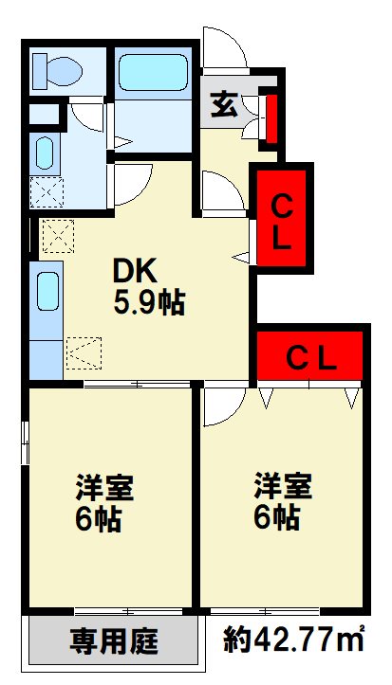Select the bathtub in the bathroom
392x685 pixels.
(x=153, y=72)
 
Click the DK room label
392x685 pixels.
(x=135, y=273)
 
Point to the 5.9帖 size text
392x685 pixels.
(x=149, y=303)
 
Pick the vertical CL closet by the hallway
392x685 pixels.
(x=281, y=217)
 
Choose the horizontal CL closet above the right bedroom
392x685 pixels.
(x=309, y=355)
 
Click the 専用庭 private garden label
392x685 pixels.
(x=113, y=641)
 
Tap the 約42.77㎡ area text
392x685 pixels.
(x=294, y=640)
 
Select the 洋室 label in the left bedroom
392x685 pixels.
(x=104, y=487)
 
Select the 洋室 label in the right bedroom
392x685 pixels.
(x=283, y=485)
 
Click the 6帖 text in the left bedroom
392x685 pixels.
(x=98, y=519)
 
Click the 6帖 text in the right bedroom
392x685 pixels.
(x=276, y=517)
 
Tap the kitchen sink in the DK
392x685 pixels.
(x=47, y=292)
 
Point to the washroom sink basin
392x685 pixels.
(x=45, y=153)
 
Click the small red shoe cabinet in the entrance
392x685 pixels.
(x=271, y=118)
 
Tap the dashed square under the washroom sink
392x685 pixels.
(x=47, y=192)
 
